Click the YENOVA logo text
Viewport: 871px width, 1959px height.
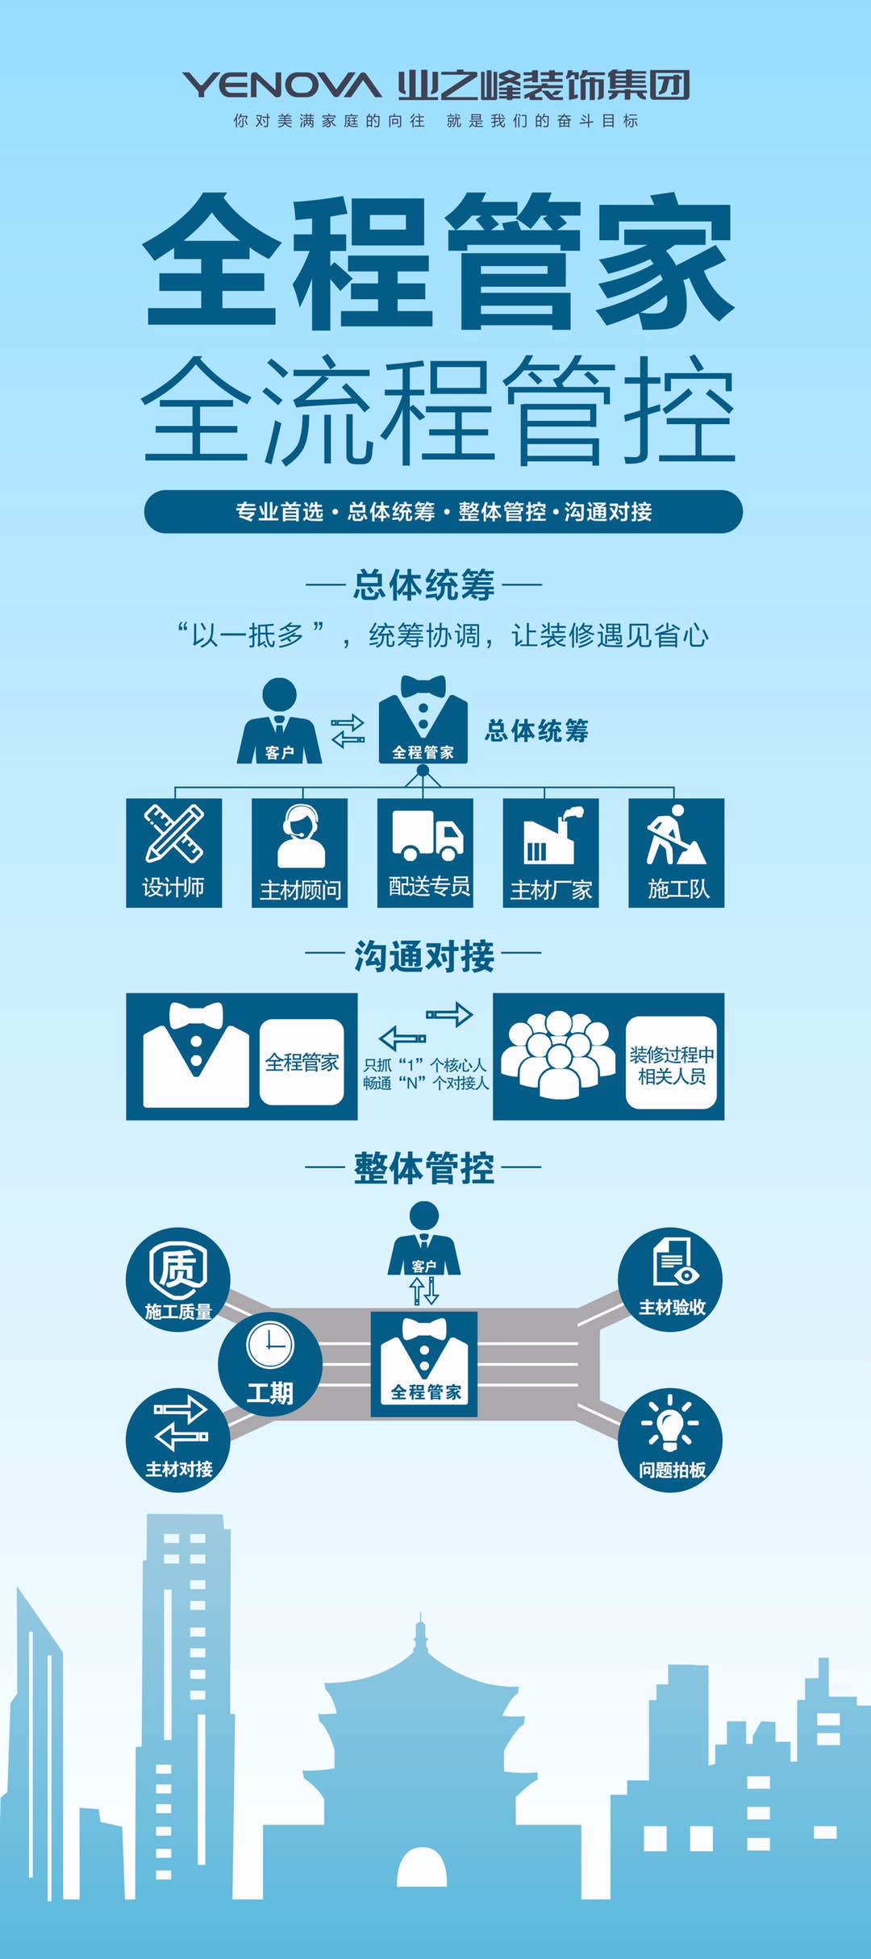point(281,85)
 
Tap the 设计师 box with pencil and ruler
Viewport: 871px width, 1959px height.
point(174,853)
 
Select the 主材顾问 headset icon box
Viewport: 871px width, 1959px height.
point(300,853)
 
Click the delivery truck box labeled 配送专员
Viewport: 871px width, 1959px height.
point(425,853)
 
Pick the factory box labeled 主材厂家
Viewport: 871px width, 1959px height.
point(551,853)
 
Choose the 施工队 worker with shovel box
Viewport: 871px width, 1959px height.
point(677,853)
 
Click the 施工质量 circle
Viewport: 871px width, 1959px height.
point(178,1279)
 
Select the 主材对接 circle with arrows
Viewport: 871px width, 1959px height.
point(178,1440)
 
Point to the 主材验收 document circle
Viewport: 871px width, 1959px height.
point(670,1279)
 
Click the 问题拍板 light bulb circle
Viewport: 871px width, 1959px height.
point(670,1440)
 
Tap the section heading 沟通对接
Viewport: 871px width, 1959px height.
point(424,956)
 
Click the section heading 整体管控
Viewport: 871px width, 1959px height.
point(424,1168)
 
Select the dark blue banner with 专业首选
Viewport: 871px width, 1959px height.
point(444,511)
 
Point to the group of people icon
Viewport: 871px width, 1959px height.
point(555,1054)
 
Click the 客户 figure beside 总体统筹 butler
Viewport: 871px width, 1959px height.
point(279,721)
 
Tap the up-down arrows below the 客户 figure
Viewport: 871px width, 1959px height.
point(424,1290)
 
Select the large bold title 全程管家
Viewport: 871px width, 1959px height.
point(439,261)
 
